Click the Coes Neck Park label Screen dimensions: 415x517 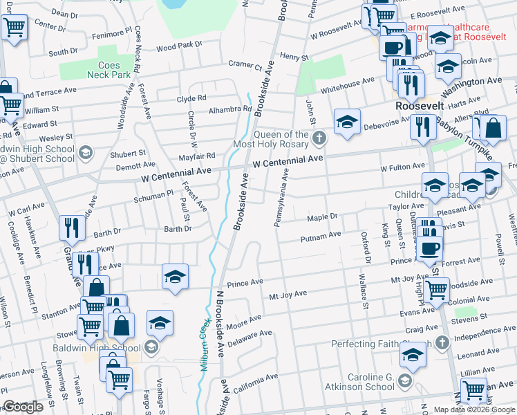point(109,69)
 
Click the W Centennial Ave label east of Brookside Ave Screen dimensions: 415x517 point(288,160)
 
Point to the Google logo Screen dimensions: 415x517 point(23,407)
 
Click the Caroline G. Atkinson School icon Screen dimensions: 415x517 point(405,381)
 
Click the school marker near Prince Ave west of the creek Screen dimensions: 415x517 point(176,276)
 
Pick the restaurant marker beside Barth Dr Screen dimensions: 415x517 point(73,226)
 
